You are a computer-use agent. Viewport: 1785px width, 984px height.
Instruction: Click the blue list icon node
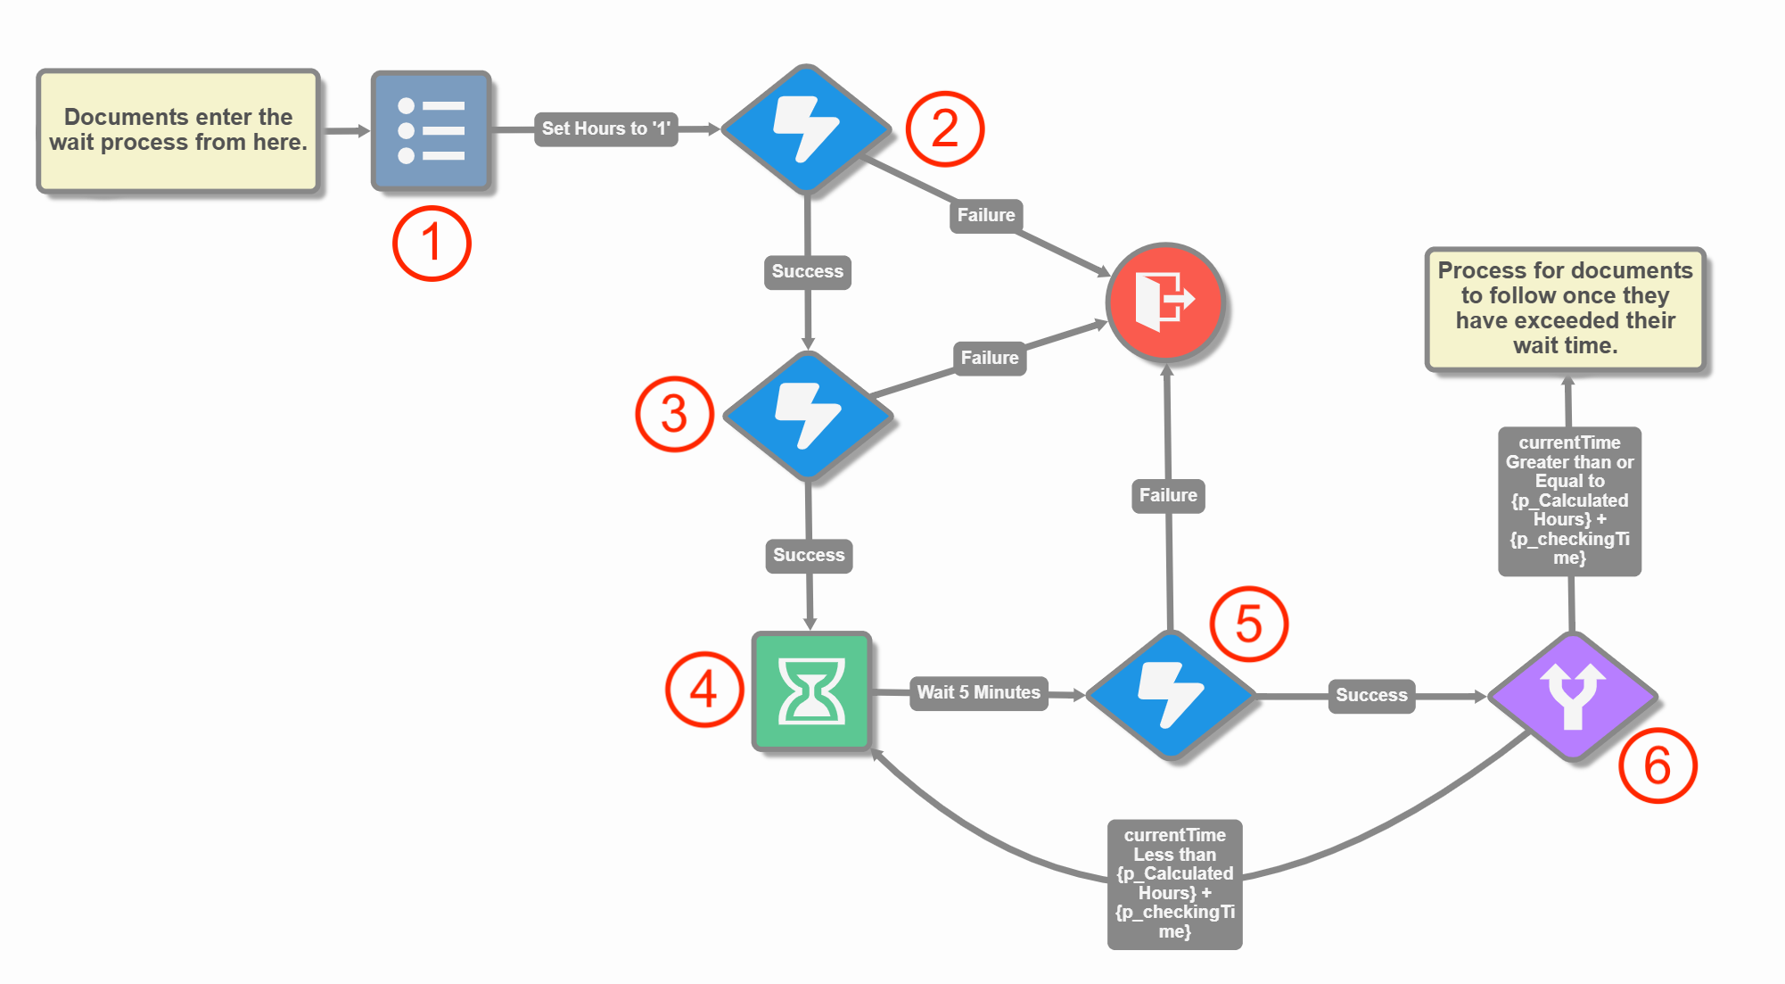432,130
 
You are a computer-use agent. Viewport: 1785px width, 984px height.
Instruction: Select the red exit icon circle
1165,302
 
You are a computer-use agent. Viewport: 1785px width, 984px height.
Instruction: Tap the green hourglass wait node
811,691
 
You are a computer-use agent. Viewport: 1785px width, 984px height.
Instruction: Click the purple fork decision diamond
1573,695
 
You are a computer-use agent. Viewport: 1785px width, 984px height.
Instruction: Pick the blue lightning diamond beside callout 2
806,129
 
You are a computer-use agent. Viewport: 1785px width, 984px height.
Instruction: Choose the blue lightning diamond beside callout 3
808,415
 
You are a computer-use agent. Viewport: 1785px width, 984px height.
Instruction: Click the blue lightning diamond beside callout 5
1171,694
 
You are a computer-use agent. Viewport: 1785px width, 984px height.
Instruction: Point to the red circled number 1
432,244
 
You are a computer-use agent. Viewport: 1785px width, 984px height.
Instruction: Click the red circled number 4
704,690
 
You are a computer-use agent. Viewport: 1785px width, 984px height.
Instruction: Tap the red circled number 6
1657,765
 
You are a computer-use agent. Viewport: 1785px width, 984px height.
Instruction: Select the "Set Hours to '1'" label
605,128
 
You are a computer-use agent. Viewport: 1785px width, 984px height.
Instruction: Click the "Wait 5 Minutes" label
978,692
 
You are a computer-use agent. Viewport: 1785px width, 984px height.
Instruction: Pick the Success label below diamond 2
807,271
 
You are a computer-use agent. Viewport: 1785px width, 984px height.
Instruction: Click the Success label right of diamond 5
1371,695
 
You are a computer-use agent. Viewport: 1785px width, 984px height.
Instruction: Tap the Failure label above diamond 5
1168,495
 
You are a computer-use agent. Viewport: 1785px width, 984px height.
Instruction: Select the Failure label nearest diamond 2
986,215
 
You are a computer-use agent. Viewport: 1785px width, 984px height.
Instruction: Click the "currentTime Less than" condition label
1174,883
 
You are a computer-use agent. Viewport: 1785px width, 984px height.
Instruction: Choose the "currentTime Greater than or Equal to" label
1569,500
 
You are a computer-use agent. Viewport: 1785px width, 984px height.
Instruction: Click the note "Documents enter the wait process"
178,130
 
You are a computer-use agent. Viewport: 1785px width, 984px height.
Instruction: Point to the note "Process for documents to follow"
1565,308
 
